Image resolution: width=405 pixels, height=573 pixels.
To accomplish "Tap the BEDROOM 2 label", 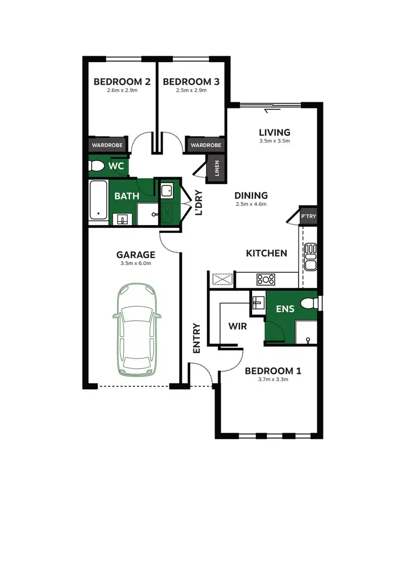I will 122,82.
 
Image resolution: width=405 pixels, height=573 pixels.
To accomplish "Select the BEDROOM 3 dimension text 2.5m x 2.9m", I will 191,91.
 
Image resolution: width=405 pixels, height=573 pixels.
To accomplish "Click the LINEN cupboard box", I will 217,167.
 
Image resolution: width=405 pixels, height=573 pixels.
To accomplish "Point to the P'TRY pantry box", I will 308,216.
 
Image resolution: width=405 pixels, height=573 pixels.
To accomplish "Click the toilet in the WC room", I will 97,167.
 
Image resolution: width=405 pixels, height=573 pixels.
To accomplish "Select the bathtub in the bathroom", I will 98,200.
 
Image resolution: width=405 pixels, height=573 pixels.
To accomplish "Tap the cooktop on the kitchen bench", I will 265,279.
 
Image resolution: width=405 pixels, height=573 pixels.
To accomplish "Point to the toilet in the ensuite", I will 309,303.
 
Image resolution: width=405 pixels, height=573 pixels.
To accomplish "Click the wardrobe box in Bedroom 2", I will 107,145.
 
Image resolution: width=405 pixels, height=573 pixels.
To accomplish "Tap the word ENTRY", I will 196,338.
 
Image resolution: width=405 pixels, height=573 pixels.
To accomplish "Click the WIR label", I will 237,327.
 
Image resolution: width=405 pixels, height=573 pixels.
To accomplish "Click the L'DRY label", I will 199,202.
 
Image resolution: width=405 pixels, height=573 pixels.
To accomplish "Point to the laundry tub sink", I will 166,190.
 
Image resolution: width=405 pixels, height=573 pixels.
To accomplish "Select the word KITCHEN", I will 267,253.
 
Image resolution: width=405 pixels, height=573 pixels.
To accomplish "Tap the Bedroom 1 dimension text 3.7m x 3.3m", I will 273,380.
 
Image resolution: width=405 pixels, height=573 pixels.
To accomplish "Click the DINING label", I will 251,196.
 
